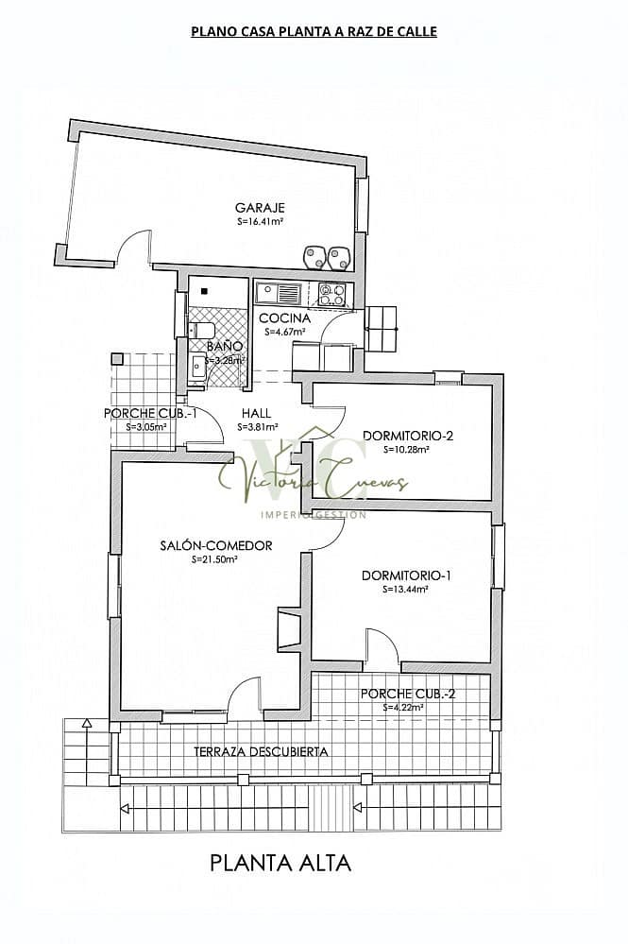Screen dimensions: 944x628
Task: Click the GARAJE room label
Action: point(260,208)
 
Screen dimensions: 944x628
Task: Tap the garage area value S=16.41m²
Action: point(261,222)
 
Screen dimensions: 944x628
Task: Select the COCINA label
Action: point(284,318)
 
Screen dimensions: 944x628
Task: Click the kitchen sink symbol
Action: point(280,291)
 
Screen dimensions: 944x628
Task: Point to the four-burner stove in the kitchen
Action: point(331,294)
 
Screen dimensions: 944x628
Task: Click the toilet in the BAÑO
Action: point(201,330)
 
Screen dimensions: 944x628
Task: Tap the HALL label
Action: point(256,413)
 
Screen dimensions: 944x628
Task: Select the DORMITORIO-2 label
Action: point(408,436)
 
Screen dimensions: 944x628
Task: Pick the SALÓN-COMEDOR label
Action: point(215,545)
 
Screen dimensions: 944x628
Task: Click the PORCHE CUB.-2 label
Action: point(408,694)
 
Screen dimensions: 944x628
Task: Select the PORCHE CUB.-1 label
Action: point(150,413)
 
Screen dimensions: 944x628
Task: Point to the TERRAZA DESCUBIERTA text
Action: point(261,751)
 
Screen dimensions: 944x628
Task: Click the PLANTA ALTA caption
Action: point(280,862)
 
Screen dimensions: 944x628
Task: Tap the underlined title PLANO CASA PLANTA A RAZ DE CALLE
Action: point(314,31)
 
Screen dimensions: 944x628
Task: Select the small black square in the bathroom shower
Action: point(203,290)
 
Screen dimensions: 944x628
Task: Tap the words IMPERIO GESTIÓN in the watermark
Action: point(313,514)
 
